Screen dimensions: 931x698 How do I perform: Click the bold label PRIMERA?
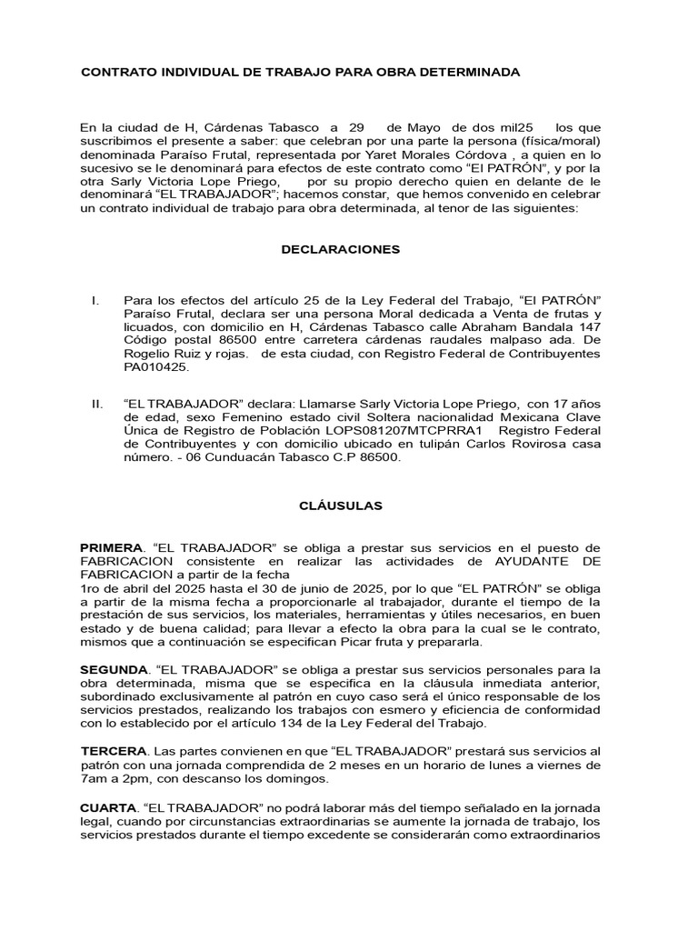(112, 548)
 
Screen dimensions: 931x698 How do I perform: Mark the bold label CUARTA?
(108, 807)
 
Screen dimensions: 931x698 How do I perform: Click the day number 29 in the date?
(355, 127)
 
